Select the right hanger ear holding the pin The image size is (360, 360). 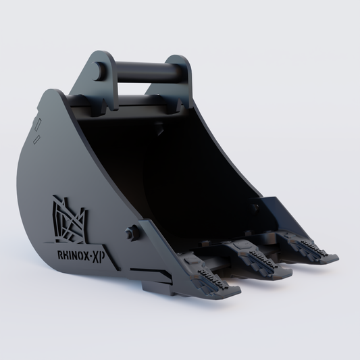coord(182,74)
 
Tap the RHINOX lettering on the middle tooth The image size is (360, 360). coord(260,255)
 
